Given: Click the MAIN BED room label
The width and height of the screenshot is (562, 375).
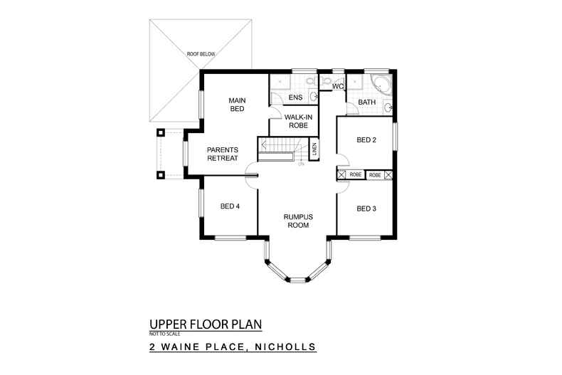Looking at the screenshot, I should pos(236,105).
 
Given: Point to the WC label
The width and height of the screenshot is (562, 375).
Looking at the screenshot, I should pos(339,87).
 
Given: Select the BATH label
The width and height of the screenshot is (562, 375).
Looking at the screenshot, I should pos(367,102).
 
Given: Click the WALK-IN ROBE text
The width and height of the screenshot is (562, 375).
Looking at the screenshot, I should pos(295,121).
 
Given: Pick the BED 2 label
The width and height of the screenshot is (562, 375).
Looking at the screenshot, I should pos(366,140).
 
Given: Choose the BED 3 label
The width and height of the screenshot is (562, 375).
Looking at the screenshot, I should pos(366,208).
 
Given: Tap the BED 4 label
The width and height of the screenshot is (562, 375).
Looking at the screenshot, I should pos(229,207).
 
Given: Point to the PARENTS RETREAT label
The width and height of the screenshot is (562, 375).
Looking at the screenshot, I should pos(222,154).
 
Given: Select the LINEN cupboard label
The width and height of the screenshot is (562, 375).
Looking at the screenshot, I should pos(314,150).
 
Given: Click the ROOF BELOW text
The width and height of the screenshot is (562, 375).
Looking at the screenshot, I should pos(201,54).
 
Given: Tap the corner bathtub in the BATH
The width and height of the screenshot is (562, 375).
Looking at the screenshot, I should pos(381,86).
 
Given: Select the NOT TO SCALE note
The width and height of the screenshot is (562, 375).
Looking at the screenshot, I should pos(166,334).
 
